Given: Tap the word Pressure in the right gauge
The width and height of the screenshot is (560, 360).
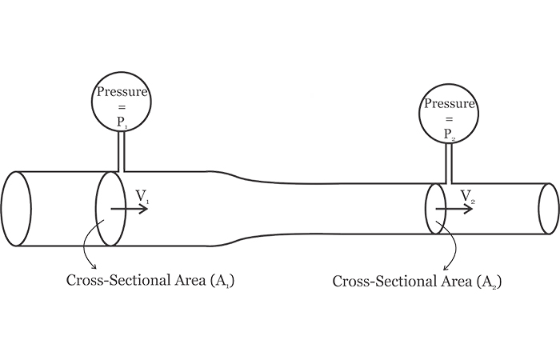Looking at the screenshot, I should click(450, 104).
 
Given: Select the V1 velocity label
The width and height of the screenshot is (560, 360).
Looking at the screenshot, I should click(142, 195).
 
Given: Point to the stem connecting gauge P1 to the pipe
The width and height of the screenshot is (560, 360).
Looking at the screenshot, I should click(122, 151).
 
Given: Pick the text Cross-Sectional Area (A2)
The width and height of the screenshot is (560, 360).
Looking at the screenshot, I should click(417, 282).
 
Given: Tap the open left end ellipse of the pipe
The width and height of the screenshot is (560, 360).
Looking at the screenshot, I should click(16, 209).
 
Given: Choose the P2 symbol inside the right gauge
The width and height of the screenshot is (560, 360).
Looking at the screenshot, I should click(450, 134).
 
